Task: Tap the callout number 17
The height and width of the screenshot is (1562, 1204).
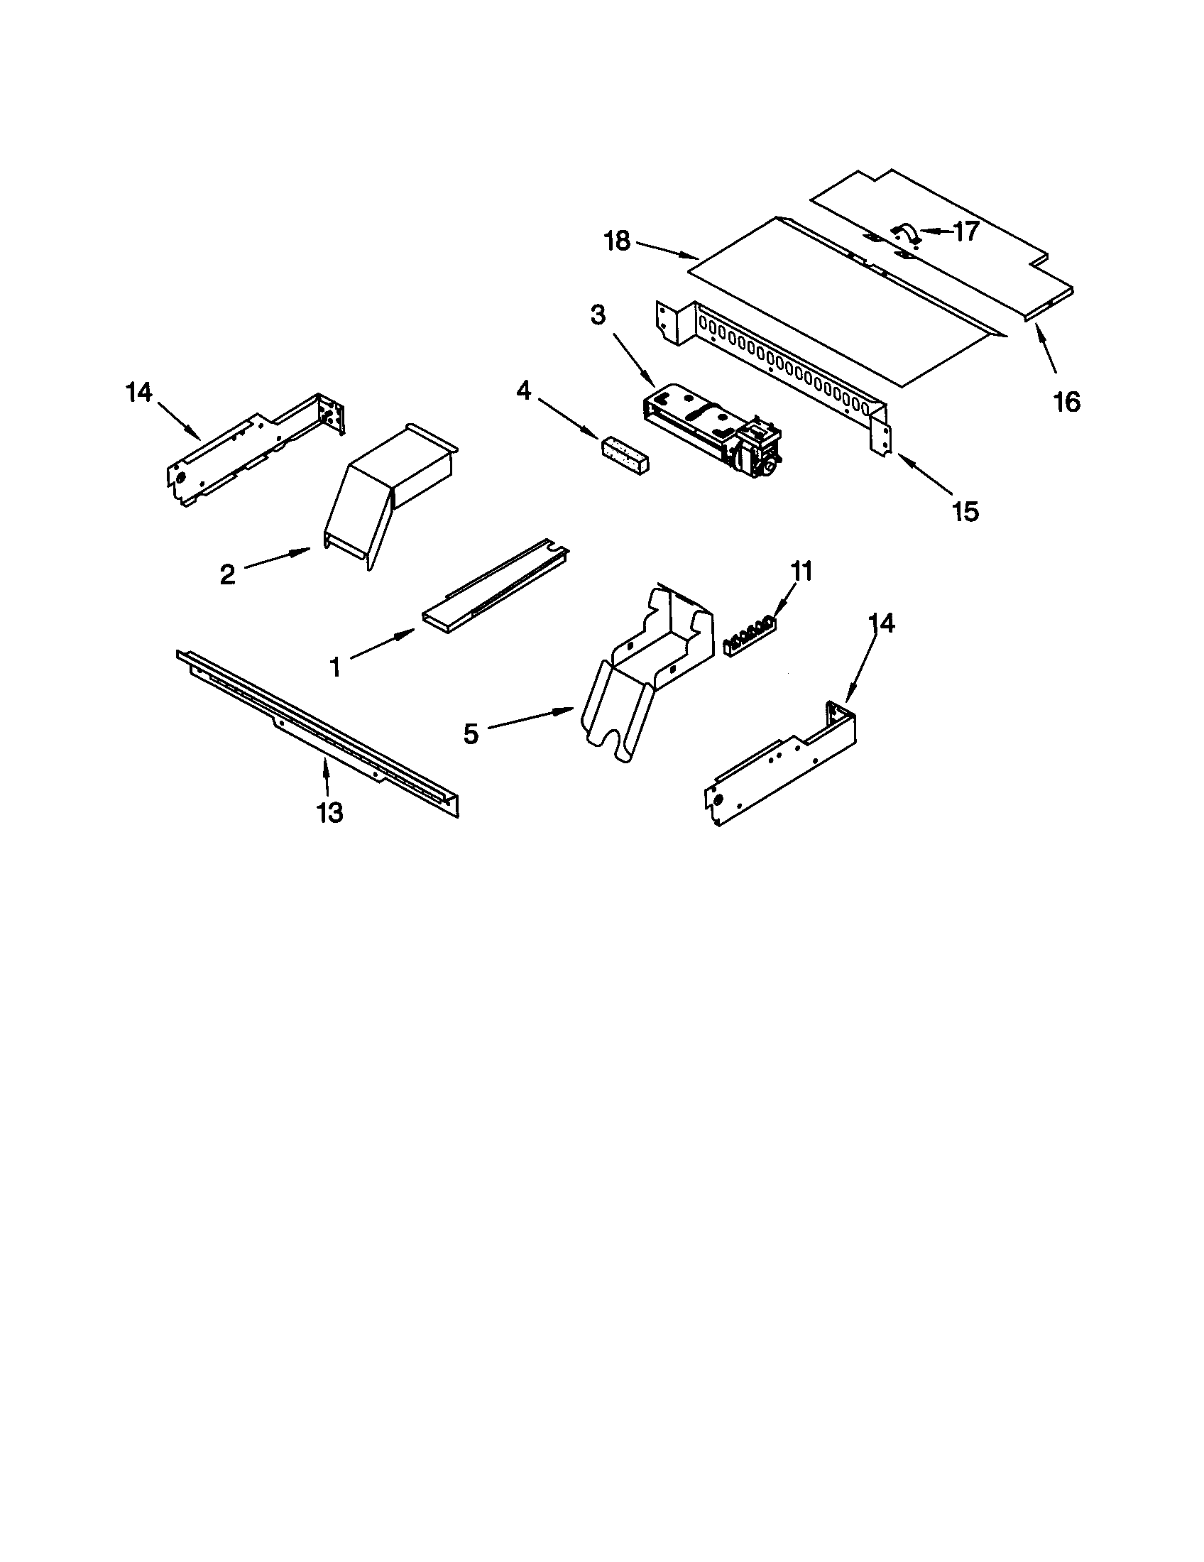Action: [965, 231]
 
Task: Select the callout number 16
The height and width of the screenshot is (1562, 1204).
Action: [1066, 402]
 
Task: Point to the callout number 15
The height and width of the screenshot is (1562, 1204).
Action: [965, 511]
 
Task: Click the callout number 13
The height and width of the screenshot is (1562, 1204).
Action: [330, 812]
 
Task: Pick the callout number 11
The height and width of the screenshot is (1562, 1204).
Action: [801, 572]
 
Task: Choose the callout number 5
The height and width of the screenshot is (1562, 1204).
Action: [471, 734]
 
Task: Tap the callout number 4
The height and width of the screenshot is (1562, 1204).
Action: [524, 390]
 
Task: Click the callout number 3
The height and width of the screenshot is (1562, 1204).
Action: [597, 315]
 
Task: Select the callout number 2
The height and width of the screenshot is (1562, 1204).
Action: [227, 574]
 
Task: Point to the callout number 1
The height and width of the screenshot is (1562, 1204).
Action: [334, 667]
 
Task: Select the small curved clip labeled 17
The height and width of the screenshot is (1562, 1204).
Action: [906, 232]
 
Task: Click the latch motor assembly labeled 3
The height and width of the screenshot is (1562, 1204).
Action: [712, 427]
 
